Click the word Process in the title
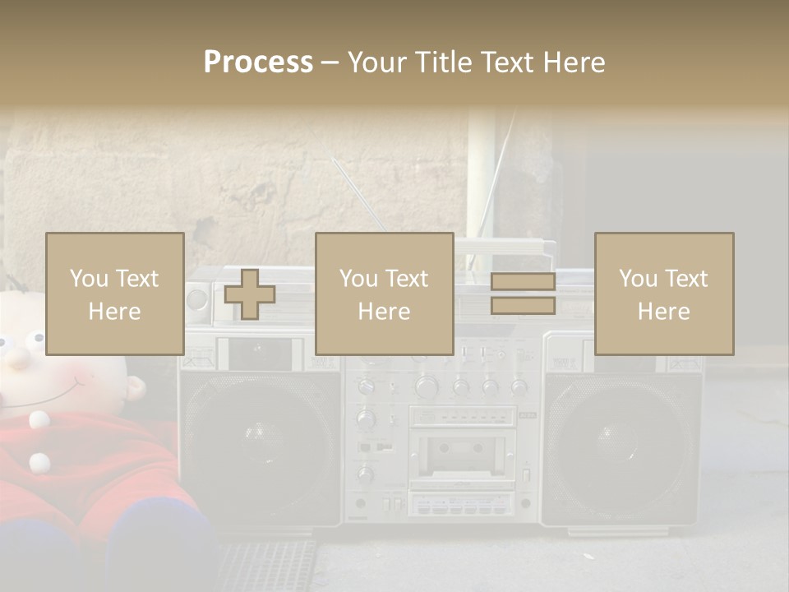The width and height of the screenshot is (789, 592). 258,62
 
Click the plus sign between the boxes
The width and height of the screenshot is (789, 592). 250,294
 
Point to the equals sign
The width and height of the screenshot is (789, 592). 523,294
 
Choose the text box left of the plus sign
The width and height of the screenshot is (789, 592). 114,294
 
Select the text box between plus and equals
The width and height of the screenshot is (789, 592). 384,294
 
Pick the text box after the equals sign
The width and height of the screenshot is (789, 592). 663,294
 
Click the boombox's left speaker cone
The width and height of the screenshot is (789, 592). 256,433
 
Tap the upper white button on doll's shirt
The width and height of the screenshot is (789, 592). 39,420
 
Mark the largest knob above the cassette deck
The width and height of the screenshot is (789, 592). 427,386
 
